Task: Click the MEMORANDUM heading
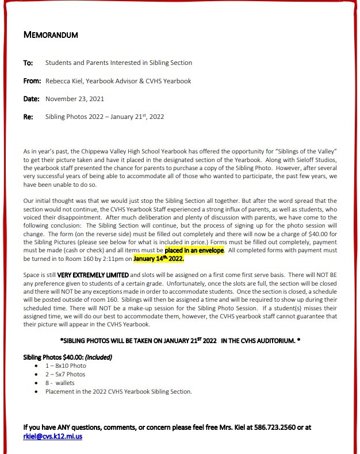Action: coord(51,35)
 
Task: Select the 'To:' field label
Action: coord(28,63)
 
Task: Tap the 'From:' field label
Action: coord(32,81)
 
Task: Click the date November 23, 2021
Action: coord(74,99)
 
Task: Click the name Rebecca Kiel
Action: coord(65,81)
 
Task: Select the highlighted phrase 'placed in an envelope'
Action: coord(194,251)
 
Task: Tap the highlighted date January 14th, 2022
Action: coord(159,259)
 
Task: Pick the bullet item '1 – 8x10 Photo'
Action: coord(66,365)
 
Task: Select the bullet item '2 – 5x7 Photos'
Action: coord(65,374)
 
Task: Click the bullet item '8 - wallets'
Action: coord(60,383)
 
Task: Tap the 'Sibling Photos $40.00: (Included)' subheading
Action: coord(68,357)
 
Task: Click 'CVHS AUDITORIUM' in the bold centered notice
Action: coord(262,341)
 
